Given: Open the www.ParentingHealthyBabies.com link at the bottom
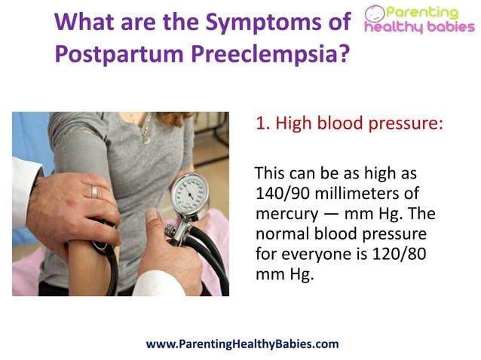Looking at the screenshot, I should [x=241, y=343].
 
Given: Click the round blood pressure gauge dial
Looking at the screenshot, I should [x=188, y=194].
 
